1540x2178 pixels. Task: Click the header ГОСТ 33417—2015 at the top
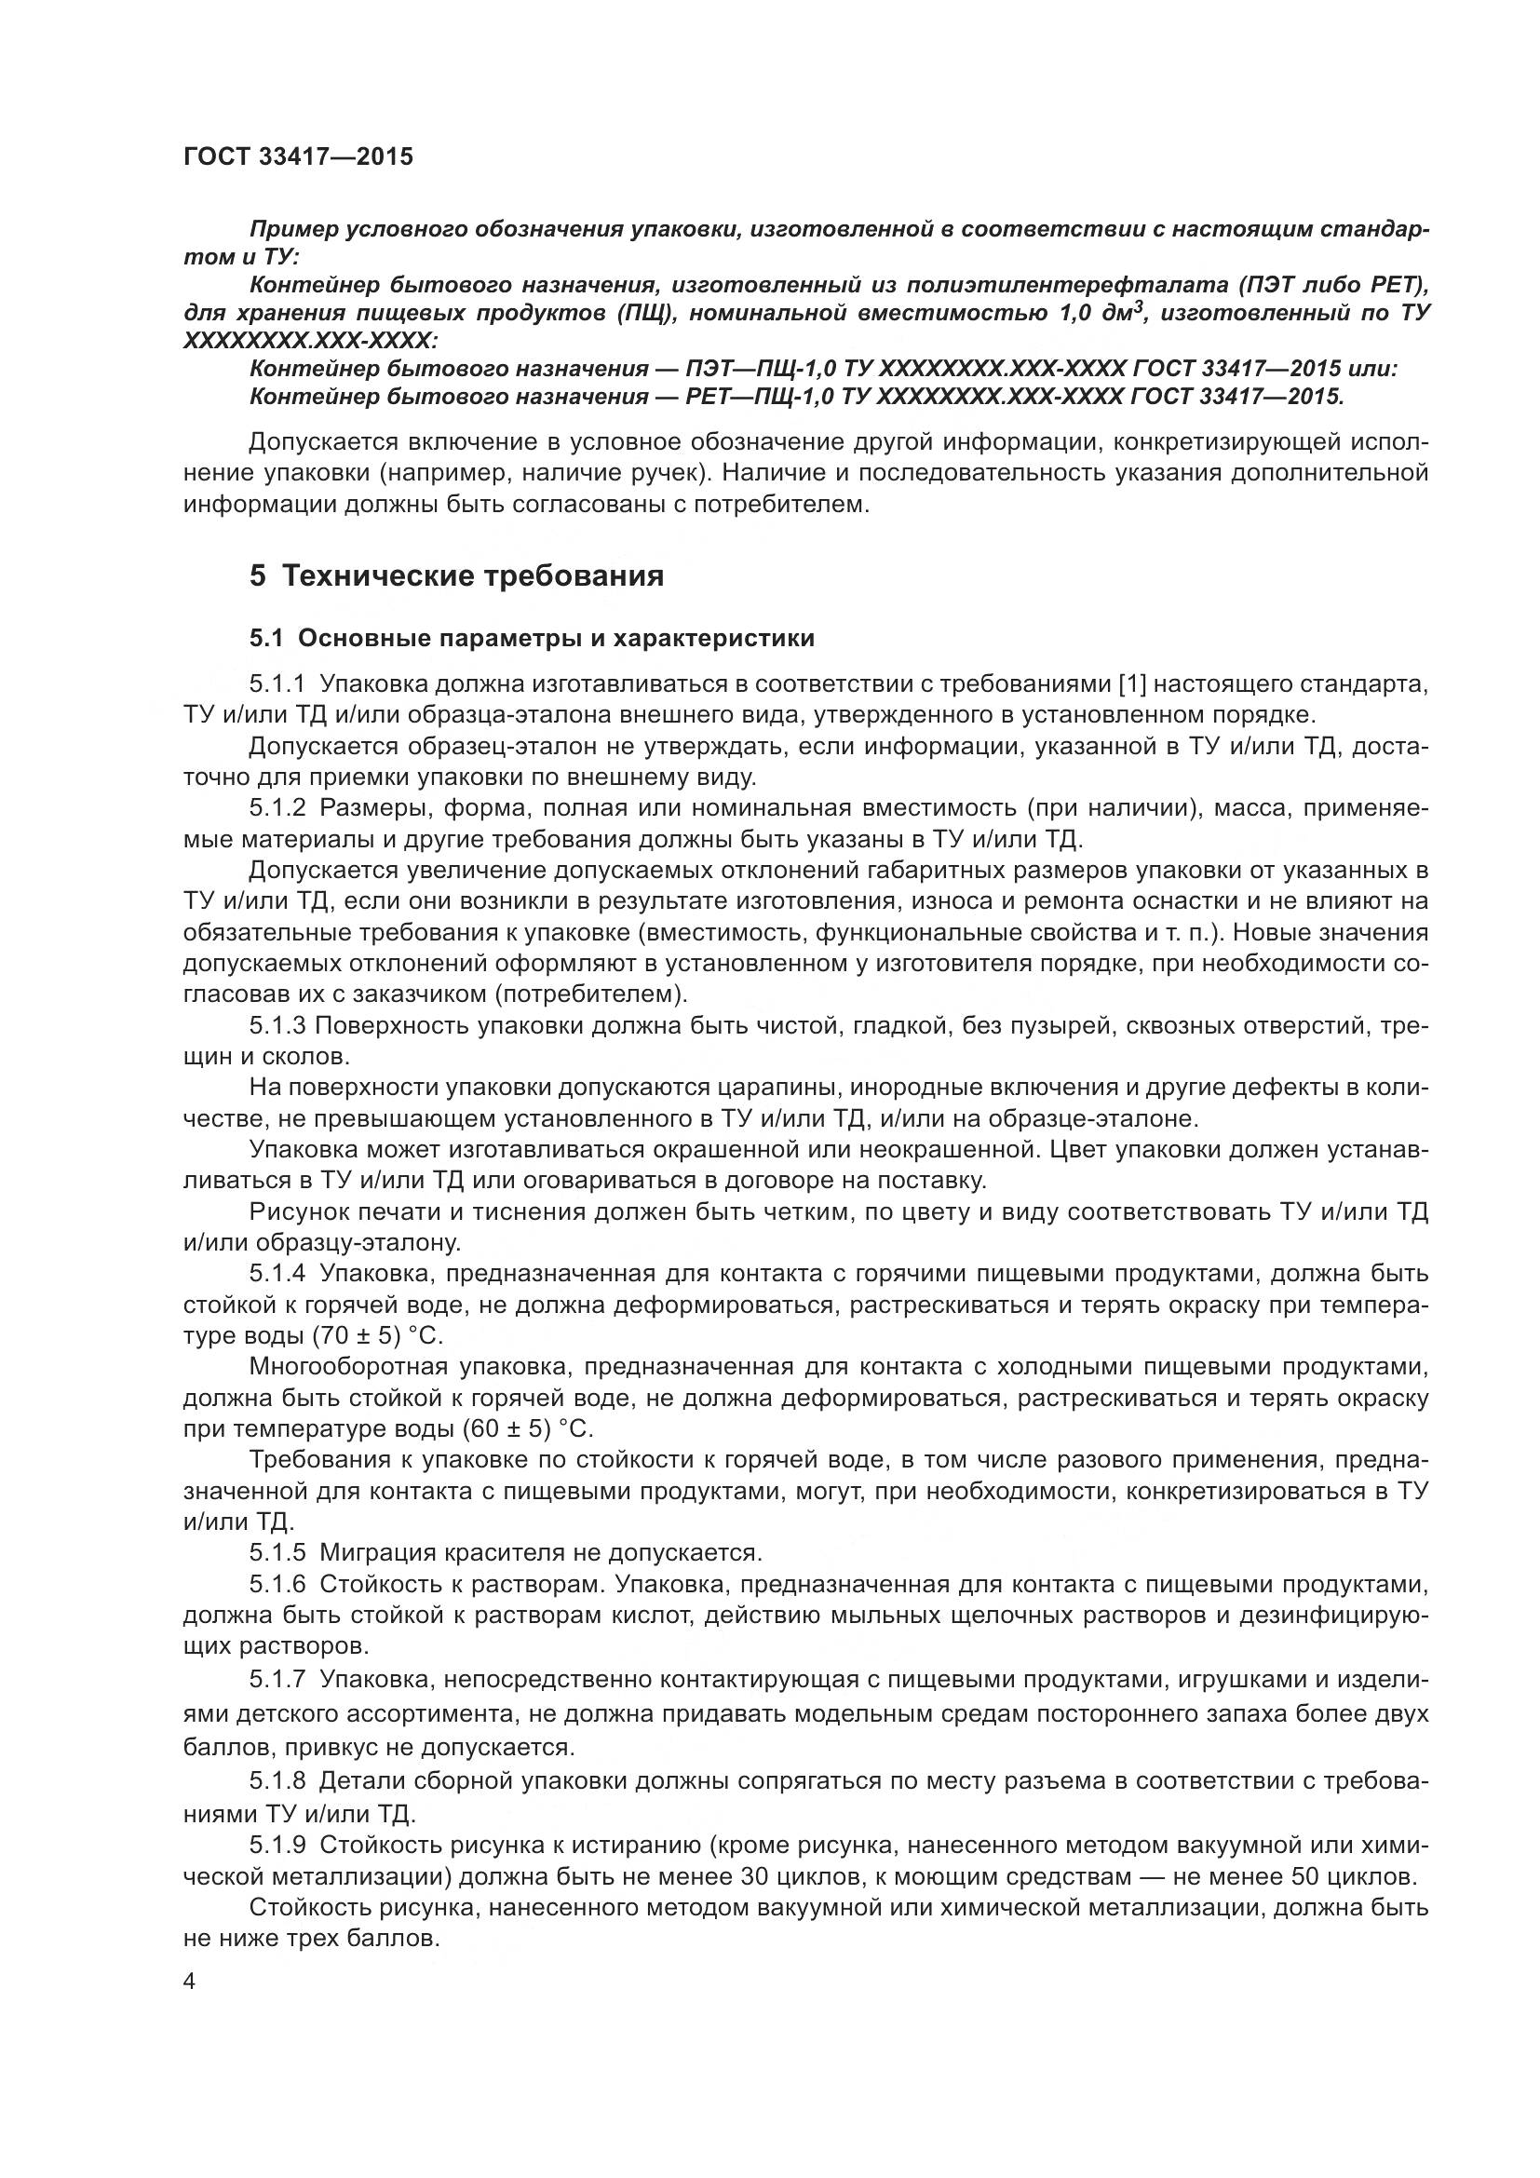point(298,156)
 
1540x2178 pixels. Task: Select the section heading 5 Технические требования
point(456,575)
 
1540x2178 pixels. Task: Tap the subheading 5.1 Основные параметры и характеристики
point(532,638)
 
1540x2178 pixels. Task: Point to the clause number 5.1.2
point(277,808)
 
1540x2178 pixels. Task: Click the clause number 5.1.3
point(277,1025)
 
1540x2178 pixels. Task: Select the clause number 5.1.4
point(277,1273)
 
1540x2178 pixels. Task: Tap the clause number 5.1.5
point(277,1552)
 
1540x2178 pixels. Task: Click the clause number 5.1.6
point(277,1583)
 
